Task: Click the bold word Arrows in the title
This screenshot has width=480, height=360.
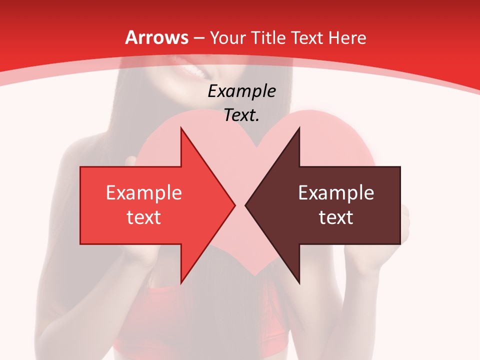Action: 157,37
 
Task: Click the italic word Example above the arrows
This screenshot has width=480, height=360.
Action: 241,91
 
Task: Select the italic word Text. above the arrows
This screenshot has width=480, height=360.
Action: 241,115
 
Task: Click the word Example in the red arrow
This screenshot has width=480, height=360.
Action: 144,193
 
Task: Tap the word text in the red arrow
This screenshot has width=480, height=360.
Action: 144,217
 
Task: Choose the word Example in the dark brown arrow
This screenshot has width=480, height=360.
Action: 336,193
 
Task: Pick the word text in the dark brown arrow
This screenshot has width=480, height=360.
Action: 336,217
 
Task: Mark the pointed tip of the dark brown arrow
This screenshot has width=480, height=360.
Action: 246,205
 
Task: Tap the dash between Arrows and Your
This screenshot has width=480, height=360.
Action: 198,38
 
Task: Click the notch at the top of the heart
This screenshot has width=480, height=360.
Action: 256,146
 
